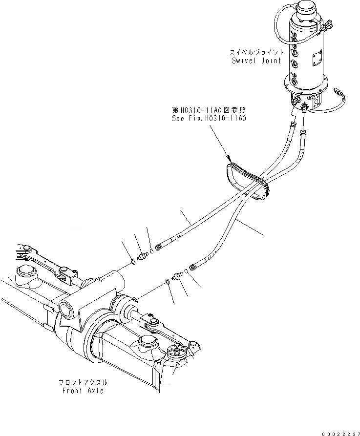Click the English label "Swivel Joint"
click(257, 61)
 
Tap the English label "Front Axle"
click(83, 391)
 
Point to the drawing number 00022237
click(337, 431)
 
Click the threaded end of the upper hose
click(159, 247)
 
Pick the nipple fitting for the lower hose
click(178, 275)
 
